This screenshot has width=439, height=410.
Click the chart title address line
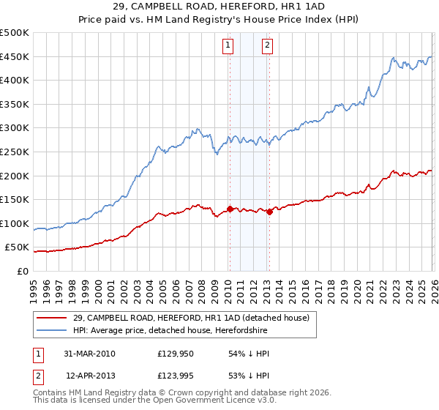[x=219, y=7]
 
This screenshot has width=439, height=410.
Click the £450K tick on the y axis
[x=15, y=56]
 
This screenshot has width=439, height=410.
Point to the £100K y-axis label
[x=15, y=223]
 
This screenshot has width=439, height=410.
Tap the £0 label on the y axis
[x=22, y=271]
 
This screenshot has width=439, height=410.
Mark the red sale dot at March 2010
[x=230, y=209]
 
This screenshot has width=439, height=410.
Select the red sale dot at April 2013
[x=269, y=212]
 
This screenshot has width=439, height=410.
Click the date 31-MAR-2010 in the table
[x=89, y=354]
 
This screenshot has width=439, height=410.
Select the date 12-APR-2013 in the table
[x=89, y=377]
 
